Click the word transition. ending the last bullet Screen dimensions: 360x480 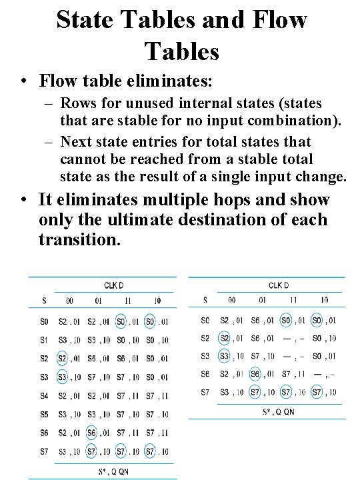[x=80, y=239]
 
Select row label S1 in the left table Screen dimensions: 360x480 [x=44, y=340]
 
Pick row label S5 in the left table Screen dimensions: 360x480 [x=44, y=414]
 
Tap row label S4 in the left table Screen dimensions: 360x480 [x=44, y=395]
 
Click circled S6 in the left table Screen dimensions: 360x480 [x=91, y=433]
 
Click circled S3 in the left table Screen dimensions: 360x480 [x=61, y=377]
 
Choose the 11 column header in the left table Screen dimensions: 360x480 [x=121, y=301]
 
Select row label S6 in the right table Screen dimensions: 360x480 [x=205, y=374]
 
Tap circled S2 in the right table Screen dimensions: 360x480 [x=225, y=338]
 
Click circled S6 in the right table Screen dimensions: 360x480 [x=255, y=374]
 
